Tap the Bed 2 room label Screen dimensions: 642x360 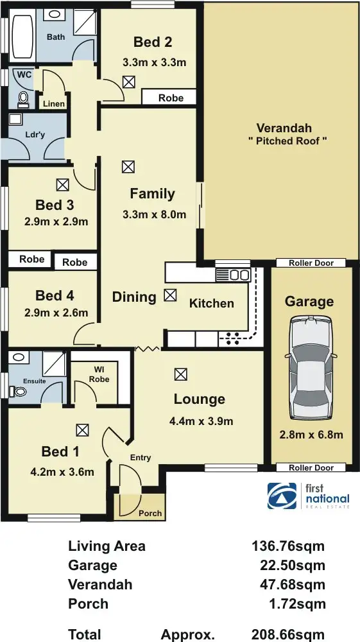153,42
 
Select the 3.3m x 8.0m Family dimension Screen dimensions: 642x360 154,214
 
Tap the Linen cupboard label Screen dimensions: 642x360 53,103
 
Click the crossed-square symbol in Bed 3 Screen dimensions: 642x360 62,185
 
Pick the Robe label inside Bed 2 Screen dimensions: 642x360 171,98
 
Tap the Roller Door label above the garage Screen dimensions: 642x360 311,263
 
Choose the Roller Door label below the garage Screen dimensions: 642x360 311,468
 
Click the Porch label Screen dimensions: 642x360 151,513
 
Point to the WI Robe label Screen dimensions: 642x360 100,374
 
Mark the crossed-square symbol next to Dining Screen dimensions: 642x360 169,295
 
